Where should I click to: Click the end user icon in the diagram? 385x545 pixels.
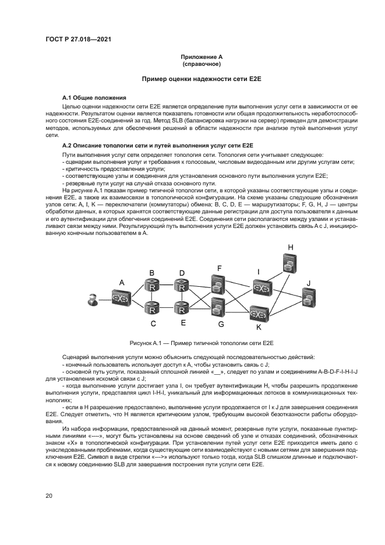(91, 300)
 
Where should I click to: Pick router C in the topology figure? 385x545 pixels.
(153, 307)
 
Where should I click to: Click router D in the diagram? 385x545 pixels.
(182, 286)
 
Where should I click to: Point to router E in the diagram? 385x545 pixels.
(183, 307)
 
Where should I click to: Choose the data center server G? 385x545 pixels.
(218, 306)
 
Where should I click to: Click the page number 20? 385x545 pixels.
(49, 495)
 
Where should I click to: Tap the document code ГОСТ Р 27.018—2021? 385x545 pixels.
(78, 39)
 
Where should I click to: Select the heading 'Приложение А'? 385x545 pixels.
(201, 57)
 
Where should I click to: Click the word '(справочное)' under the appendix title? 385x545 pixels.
(201, 64)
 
